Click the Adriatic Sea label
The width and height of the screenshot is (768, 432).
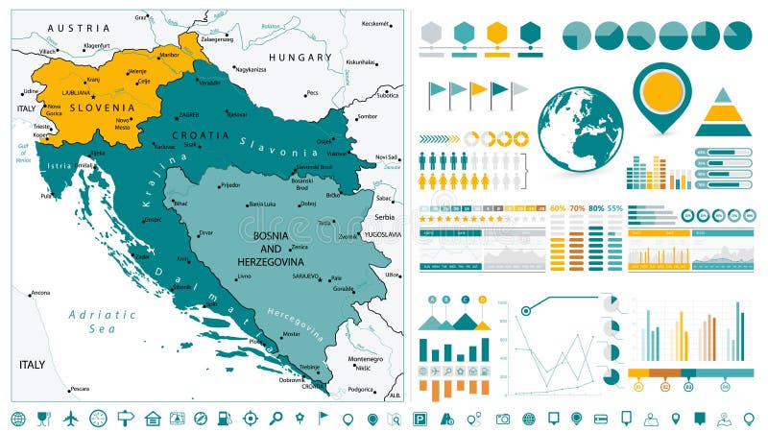point(101,321)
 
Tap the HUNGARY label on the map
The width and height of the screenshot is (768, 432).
point(300,58)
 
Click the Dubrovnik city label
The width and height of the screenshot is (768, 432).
point(291,379)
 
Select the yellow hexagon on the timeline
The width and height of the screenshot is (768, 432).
point(496,33)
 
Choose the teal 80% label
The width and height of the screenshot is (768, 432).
point(596,207)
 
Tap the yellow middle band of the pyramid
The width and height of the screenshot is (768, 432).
point(722,115)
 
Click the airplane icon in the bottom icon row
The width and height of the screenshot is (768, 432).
point(70,418)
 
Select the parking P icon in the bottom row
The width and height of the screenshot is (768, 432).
point(420,418)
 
